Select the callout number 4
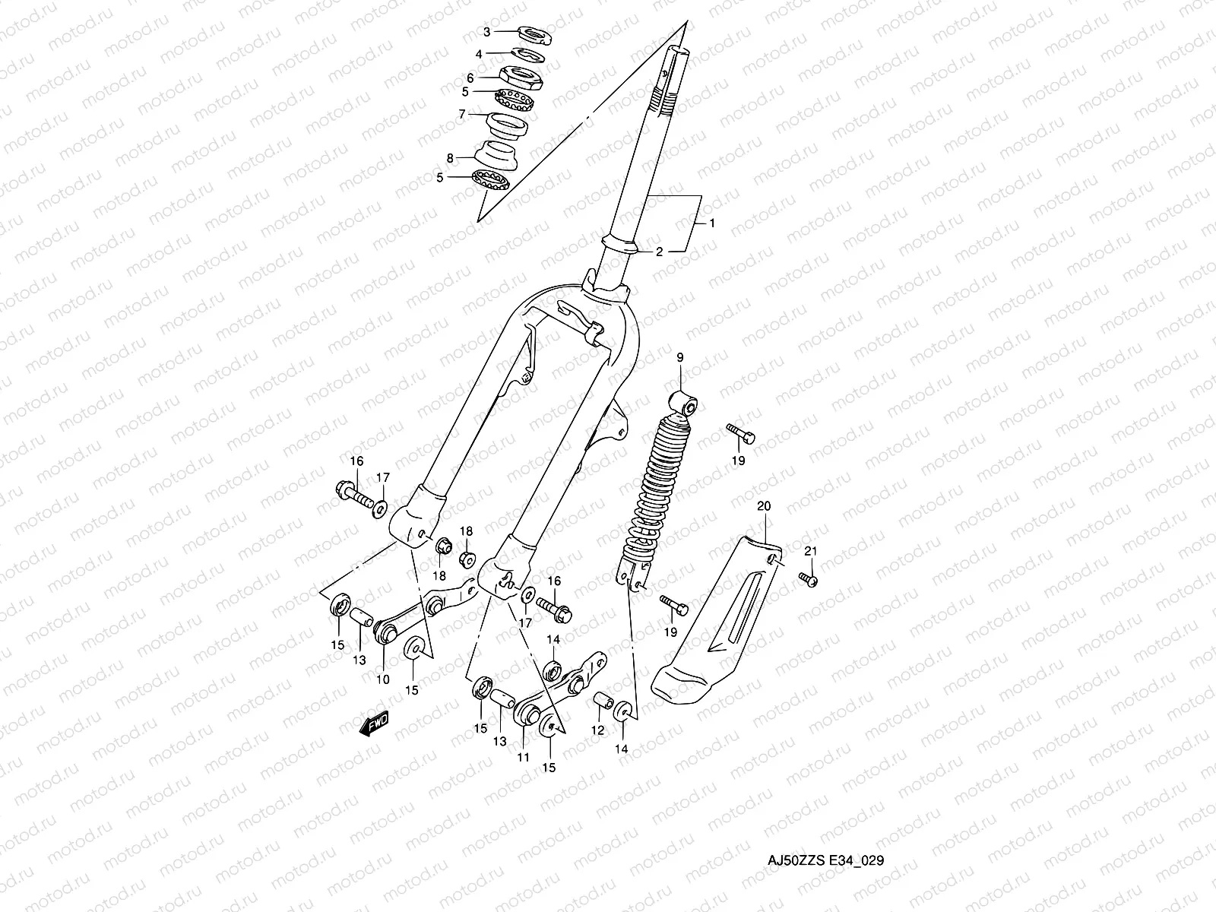click(478, 54)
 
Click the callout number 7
click(461, 114)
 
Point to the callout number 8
click(450, 158)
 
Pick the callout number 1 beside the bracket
click(712, 223)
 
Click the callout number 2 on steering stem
click(660, 252)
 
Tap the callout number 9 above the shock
click(679, 356)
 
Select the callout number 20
click(764, 505)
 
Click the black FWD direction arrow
click(373, 724)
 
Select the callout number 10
click(382, 679)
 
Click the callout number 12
click(597, 730)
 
